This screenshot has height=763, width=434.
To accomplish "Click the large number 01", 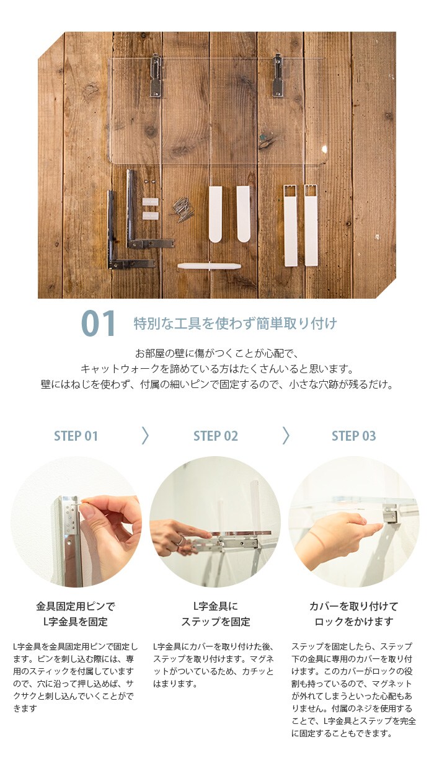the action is (98, 324).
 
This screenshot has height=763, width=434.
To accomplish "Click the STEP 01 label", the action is (76, 436).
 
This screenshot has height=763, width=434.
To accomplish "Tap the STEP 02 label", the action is (216, 436).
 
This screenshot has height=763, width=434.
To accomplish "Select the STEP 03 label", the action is (354, 436).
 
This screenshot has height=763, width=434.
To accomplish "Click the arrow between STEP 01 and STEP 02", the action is (146, 436).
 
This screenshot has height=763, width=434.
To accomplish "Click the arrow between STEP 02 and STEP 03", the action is (286, 436).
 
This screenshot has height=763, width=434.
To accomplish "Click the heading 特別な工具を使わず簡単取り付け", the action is (236, 324).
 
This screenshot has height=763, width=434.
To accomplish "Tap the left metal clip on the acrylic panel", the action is (156, 76).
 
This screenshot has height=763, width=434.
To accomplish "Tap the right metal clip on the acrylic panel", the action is (278, 76).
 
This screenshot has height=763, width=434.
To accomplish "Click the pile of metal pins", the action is (182, 210).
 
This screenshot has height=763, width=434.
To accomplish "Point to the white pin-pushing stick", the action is (209, 267).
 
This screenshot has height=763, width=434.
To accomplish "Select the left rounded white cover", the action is (215, 214).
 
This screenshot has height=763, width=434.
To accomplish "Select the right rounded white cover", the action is (243, 214).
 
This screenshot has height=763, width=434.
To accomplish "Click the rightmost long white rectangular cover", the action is (311, 225).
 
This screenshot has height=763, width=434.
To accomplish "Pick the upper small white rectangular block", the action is (151, 202).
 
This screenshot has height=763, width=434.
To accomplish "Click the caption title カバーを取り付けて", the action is (353, 606).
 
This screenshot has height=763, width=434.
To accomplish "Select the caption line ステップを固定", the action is (216, 622).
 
